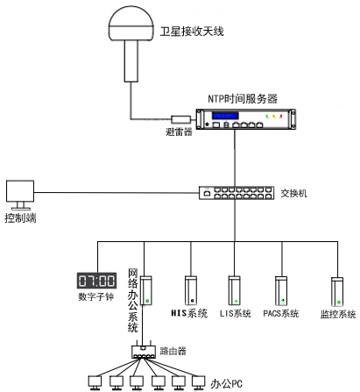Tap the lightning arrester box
point(180,119)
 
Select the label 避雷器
point(178,132)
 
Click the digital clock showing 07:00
point(97,282)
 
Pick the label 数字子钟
point(96,298)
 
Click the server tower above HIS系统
point(190,289)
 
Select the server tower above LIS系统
point(234,289)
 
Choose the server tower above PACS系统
point(282,289)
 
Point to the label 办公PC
point(229,383)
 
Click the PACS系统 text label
point(281,313)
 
